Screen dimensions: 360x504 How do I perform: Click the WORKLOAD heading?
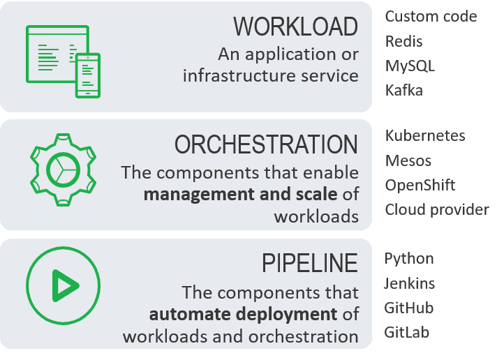tap(295, 27)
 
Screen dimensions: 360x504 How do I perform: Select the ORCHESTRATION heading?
tap(266, 145)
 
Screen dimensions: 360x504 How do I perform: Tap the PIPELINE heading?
tap(310, 264)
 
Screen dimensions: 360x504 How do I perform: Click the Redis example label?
tap(404, 41)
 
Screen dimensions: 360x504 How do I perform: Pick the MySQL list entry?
tap(410, 66)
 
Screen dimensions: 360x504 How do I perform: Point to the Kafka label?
tap(404, 90)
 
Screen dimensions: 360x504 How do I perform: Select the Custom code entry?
tap(431, 16)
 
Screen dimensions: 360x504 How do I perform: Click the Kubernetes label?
tap(425, 135)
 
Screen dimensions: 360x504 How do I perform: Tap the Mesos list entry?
tap(408, 160)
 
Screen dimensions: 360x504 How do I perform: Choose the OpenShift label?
tap(420, 185)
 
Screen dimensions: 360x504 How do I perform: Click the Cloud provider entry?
tap(437, 209)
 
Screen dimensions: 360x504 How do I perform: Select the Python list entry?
tap(409, 259)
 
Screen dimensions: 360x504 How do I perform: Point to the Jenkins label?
tap(410, 283)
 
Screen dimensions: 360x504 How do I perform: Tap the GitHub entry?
tap(409, 308)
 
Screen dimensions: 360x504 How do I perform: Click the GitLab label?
tap(407, 332)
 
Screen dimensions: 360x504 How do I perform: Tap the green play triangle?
tap(65, 285)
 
